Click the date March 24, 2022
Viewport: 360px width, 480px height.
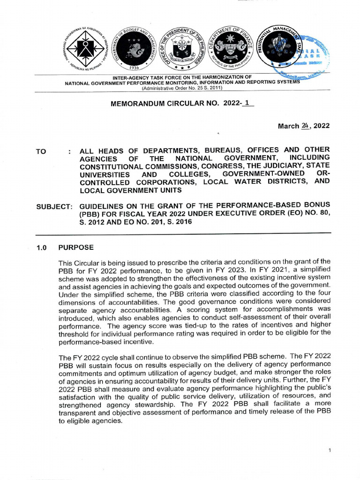tap(304, 126)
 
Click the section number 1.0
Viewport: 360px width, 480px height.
tap(43, 247)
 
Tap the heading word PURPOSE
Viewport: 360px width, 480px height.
tap(75, 247)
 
